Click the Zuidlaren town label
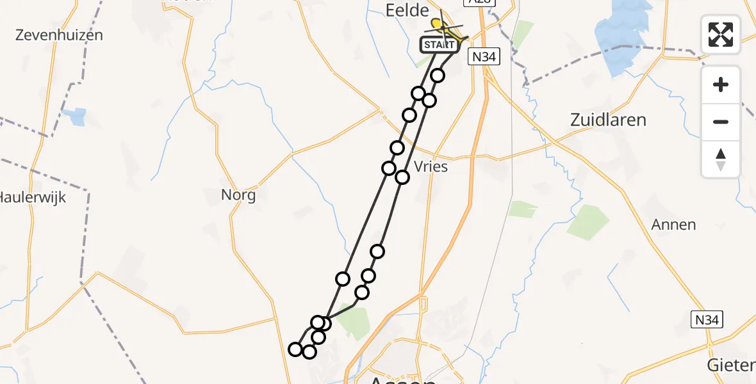608,120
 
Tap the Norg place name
238,195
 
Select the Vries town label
431,166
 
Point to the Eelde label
406,11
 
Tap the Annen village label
673,225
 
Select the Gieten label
730,365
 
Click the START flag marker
440,45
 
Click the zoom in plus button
721,84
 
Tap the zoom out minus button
721,122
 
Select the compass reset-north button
721,159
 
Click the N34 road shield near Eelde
483,57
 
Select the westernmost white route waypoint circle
295,349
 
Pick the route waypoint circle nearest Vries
402,177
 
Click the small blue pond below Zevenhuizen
77,117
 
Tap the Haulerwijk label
32,197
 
